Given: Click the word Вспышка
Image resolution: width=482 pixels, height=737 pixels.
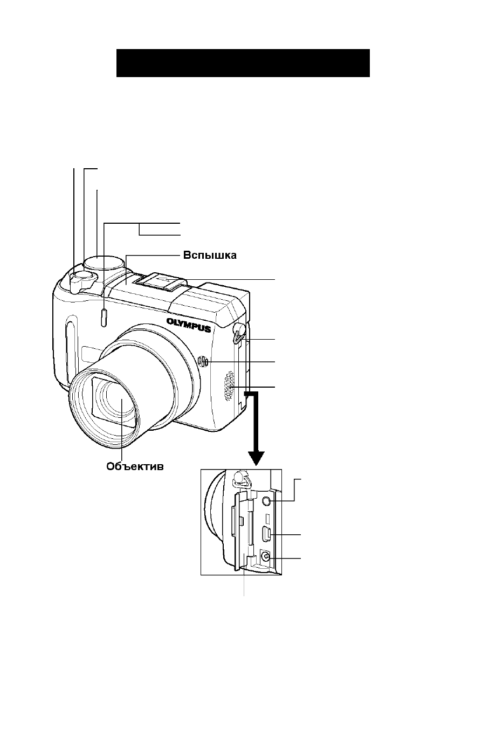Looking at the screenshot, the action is (210, 256).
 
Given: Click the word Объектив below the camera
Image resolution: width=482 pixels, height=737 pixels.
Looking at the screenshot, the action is (135, 466).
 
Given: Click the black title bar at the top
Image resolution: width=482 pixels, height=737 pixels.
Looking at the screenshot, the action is (243, 63).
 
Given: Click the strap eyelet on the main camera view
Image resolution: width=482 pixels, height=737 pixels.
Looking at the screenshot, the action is (240, 334).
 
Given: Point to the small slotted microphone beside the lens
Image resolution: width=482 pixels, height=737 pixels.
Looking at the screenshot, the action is (203, 362).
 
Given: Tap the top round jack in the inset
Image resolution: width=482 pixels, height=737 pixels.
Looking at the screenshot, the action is (266, 501).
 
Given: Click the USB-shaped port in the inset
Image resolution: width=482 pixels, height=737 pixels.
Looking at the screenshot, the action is (267, 534).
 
